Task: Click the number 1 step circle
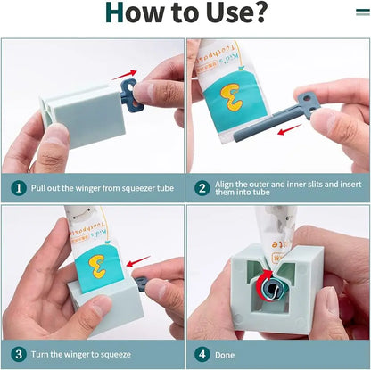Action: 19,188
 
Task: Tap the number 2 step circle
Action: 202,188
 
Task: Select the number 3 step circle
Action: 19,354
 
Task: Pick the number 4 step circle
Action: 202,354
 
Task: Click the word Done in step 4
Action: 225,355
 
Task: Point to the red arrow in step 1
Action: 124,75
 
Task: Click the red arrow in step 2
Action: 289,129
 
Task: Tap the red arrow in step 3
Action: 138,261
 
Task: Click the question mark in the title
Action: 256,12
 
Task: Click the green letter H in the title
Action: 114,12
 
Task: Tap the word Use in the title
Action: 226,12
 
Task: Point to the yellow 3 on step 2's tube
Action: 231,97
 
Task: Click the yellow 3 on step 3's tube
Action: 96,267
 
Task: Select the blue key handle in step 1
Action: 130,95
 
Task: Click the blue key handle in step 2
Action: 308,105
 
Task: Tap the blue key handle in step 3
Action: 140,284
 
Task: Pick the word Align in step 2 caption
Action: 224,185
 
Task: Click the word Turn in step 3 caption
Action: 40,354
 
